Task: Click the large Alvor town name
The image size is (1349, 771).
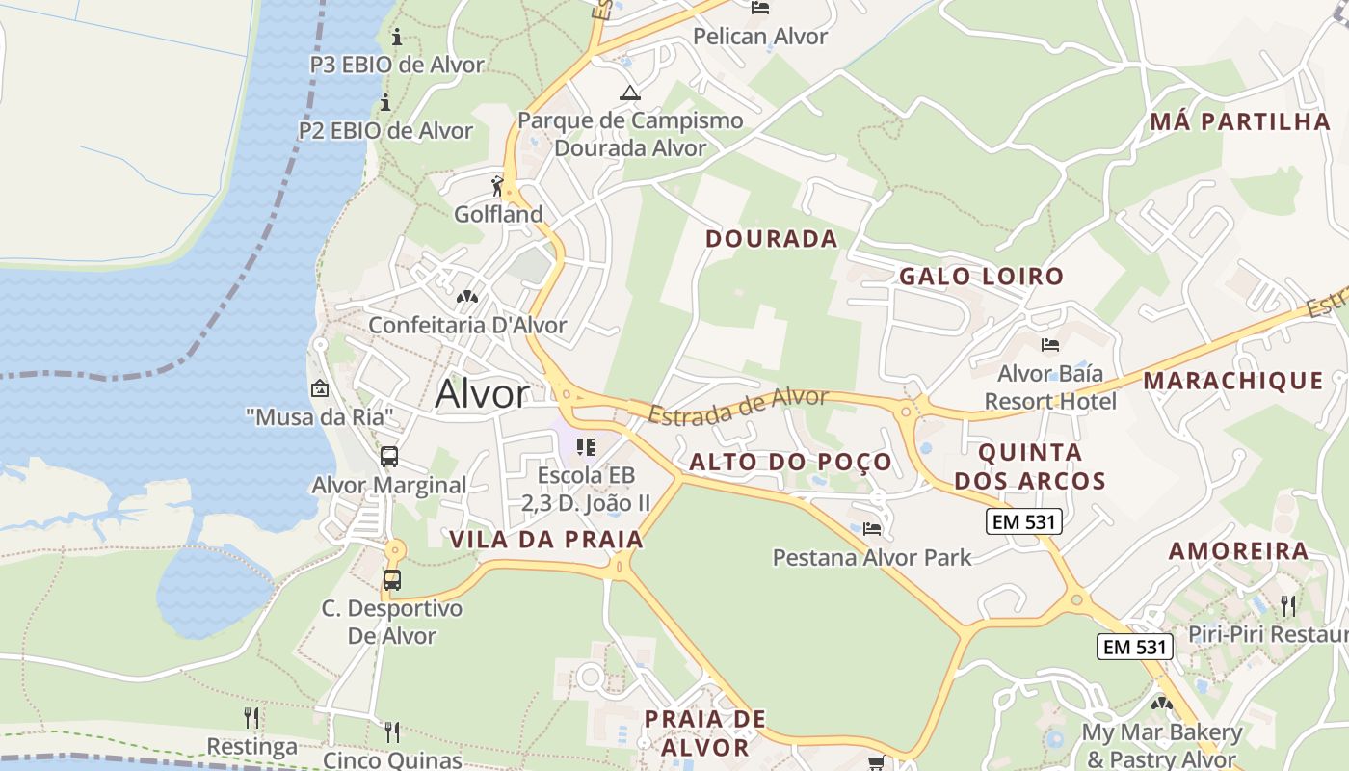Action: point(482,393)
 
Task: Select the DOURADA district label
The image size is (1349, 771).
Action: point(771,239)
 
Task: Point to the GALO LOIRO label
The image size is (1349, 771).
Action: point(981,277)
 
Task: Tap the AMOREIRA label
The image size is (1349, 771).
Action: point(1238,551)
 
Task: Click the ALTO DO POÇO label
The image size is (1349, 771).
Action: point(790,463)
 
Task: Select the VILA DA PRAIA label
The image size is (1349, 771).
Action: point(546,540)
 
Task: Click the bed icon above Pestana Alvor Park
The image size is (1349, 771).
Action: point(872,528)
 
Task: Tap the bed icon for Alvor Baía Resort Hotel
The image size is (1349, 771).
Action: point(1050,344)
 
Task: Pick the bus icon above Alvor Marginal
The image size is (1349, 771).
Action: point(389,457)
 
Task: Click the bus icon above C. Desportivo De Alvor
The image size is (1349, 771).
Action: point(391,579)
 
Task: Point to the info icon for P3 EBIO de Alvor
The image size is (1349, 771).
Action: point(396,38)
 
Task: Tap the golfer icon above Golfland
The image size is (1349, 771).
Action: point(497,185)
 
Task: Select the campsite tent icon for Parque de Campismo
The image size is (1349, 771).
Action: point(630,93)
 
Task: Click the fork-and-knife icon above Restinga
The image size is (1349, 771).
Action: point(251,718)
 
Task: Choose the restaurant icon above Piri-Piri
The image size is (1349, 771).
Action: point(1288,605)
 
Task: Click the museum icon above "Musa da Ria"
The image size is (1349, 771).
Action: point(319,389)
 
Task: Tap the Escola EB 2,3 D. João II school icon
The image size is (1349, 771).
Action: point(585,447)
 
